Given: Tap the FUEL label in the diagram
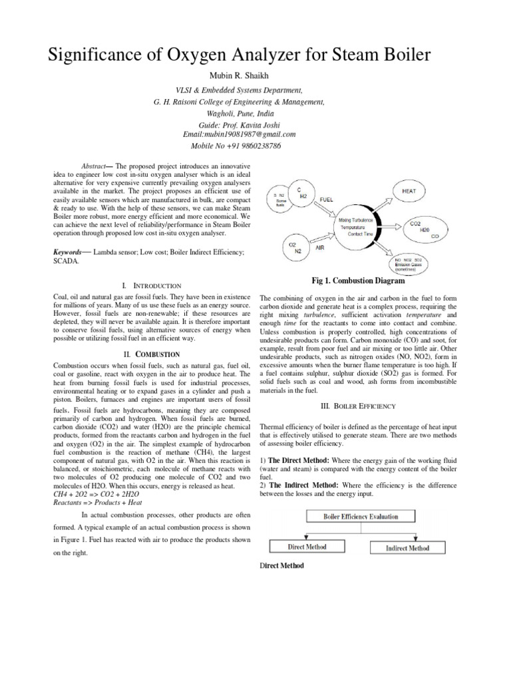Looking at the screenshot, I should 327,199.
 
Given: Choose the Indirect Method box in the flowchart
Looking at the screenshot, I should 407,548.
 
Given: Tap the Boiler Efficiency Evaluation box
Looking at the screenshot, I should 361,516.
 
